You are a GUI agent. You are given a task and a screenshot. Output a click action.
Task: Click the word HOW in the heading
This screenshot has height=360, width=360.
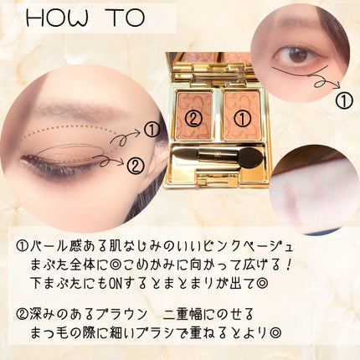pyautogui.click(x=57, y=18)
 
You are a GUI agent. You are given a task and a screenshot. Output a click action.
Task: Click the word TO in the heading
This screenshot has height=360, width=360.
pyautogui.click(x=125, y=18)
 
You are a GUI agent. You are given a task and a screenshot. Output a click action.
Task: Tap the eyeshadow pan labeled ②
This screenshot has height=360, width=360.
pyautogui.click(x=194, y=116)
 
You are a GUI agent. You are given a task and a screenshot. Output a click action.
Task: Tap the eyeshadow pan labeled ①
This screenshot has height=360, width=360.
pyautogui.click(x=242, y=116)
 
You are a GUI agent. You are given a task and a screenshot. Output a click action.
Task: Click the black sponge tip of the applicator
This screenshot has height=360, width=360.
pyautogui.click(x=249, y=155)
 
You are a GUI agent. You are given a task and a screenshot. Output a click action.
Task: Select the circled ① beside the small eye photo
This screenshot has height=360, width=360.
pyautogui.click(x=343, y=100)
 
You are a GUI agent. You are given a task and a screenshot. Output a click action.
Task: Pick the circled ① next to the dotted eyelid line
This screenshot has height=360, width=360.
pyautogui.click(x=152, y=131)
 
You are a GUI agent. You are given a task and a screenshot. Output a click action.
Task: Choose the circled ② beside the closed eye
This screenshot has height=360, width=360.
pyautogui.click(x=136, y=166)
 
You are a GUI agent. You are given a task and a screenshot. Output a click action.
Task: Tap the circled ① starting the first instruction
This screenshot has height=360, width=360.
pyautogui.click(x=23, y=247)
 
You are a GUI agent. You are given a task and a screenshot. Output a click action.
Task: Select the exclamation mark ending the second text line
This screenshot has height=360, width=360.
pyautogui.click(x=289, y=265)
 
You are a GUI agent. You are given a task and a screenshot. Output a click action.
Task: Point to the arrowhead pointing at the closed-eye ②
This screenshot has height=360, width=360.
pyautogui.click(x=121, y=162)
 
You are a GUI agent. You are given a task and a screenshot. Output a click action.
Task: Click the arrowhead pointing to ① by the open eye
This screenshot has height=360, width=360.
pyautogui.click(x=337, y=85)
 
